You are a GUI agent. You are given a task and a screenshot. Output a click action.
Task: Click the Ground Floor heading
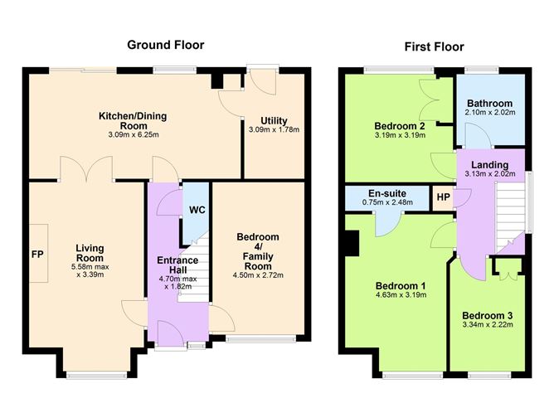[x=165, y=45]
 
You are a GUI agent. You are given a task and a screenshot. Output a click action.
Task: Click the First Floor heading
[x=434, y=46]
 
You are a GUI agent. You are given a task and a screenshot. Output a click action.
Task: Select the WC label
[x=197, y=210]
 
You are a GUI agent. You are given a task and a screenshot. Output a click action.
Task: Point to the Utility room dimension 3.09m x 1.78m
[x=273, y=129]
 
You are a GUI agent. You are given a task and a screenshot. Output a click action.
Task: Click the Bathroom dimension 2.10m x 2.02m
[x=488, y=114]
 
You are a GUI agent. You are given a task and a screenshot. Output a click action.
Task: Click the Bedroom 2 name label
[x=400, y=126]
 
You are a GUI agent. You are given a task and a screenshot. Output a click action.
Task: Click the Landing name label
[x=490, y=164]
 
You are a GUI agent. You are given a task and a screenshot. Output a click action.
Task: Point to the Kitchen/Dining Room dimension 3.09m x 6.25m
[x=134, y=134]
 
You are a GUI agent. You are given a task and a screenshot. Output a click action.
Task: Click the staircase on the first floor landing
[x=510, y=211]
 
